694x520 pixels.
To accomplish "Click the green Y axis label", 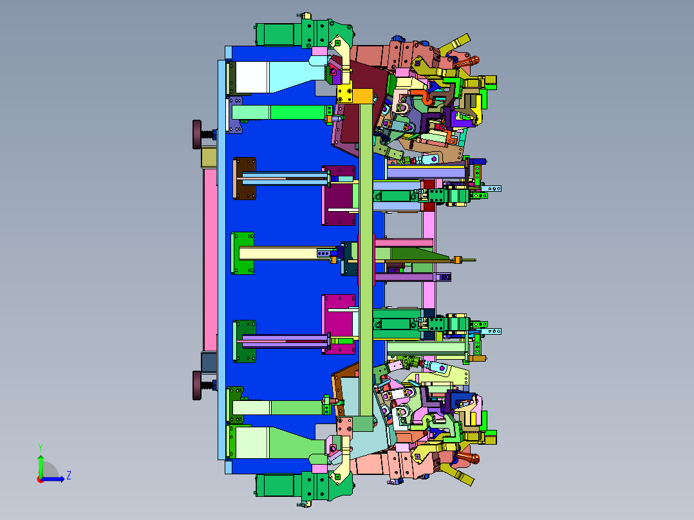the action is point(41,447).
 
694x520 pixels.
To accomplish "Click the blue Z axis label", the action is point(69,476).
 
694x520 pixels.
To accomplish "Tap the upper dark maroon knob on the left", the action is point(197,134).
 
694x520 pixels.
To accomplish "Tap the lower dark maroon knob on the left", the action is point(197,385).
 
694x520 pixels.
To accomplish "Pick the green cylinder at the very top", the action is point(275,34).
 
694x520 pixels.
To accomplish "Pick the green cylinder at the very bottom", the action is point(275,485).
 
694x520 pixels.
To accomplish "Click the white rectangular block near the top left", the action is point(252,77).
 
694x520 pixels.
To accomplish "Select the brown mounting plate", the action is point(245,178).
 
